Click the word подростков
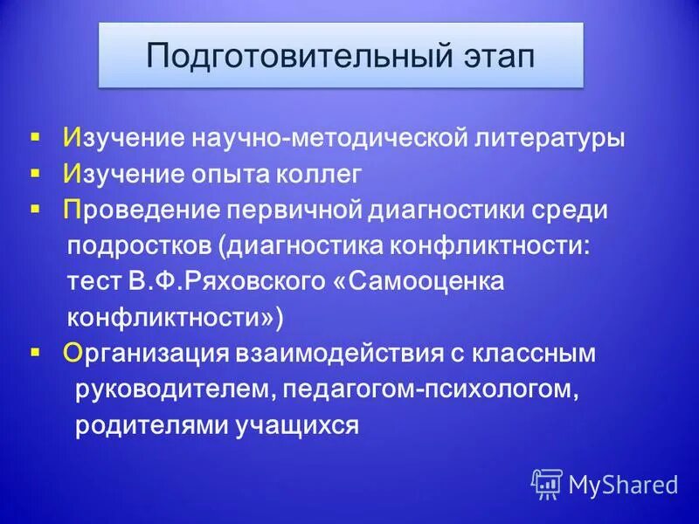point(142,247)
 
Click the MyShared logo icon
point(547,484)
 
